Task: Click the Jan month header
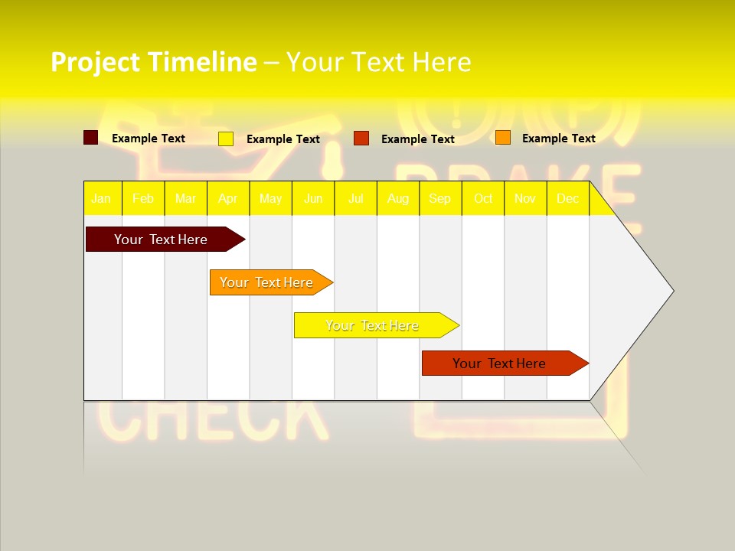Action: click(x=101, y=199)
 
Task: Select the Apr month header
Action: click(x=228, y=199)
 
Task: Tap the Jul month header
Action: click(x=355, y=199)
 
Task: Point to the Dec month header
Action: click(x=567, y=199)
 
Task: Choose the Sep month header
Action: click(x=439, y=199)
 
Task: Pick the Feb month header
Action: click(x=143, y=199)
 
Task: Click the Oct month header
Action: click(x=483, y=199)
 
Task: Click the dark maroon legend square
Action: click(x=90, y=138)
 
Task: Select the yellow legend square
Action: click(x=226, y=139)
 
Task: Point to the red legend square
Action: click(x=361, y=139)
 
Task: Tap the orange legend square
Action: click(x=502, y=138)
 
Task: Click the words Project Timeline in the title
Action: click(x=153, y=62)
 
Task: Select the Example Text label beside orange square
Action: click(x=558, y=139)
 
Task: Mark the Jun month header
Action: click(x=313, y=199)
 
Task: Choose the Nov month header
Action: click(x=525, y=199)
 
